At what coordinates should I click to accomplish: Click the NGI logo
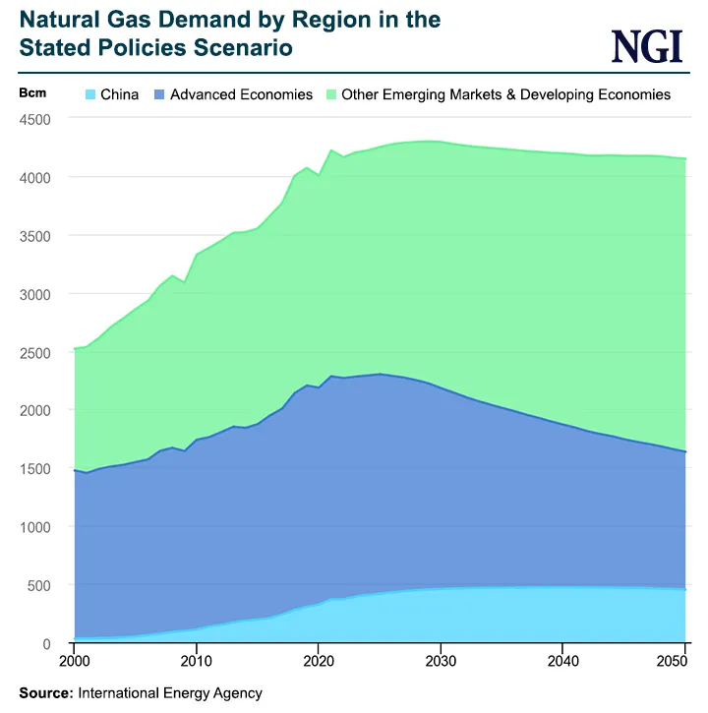(x=646, y=46)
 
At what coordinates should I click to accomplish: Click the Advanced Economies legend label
(x=241, y=95)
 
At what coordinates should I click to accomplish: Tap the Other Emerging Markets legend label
(x=505, y=95)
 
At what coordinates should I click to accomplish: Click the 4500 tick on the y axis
(x=36, y=119)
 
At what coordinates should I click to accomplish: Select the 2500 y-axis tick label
(x=36, y=352)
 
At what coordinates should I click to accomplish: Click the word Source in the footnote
(x=44, y=693)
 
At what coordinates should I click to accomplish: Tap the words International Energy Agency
(x=170, y=693)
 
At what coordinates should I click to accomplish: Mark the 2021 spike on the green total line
(x=330, y=150)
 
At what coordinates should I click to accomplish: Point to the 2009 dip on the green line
(x=184, y=282)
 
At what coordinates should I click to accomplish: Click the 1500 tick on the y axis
(x=36, y=469)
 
